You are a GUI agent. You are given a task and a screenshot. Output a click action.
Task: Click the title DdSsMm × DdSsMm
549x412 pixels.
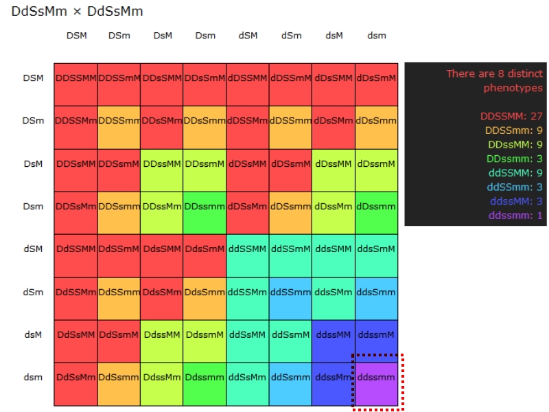(x=77, y=12)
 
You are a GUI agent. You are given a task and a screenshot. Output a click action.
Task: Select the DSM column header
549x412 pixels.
(x=76, y=36)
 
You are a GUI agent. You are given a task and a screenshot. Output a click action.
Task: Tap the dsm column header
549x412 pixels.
(x=376, y=36)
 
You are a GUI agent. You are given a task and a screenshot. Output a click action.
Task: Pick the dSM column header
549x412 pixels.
(x=248, y=36)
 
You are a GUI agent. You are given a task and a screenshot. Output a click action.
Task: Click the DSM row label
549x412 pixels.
(x=33, y=78)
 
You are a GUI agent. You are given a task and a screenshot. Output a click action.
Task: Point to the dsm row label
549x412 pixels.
(x=33, y=377)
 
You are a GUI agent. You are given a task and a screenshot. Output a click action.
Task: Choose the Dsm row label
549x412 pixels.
(x=33, y=206)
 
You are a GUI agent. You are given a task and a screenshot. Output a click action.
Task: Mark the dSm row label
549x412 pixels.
(x=33, y=292)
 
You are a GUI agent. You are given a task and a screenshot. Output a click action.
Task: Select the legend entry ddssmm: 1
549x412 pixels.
(x=515, y=216)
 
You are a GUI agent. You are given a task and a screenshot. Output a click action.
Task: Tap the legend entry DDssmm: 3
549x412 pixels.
(x=515, y=159)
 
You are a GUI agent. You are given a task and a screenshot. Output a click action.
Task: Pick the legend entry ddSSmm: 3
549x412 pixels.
(x=515, y=187)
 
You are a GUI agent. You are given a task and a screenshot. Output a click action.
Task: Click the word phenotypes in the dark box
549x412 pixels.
(x=513, y=88)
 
